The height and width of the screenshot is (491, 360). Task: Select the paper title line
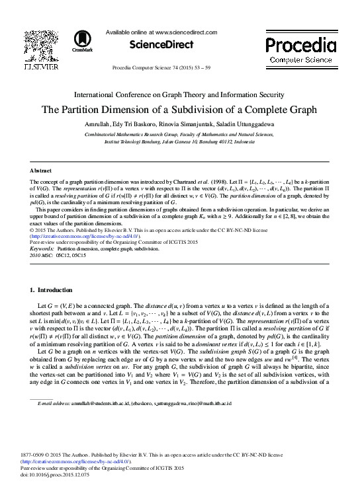179,110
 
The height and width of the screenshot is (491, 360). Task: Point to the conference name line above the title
179,94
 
